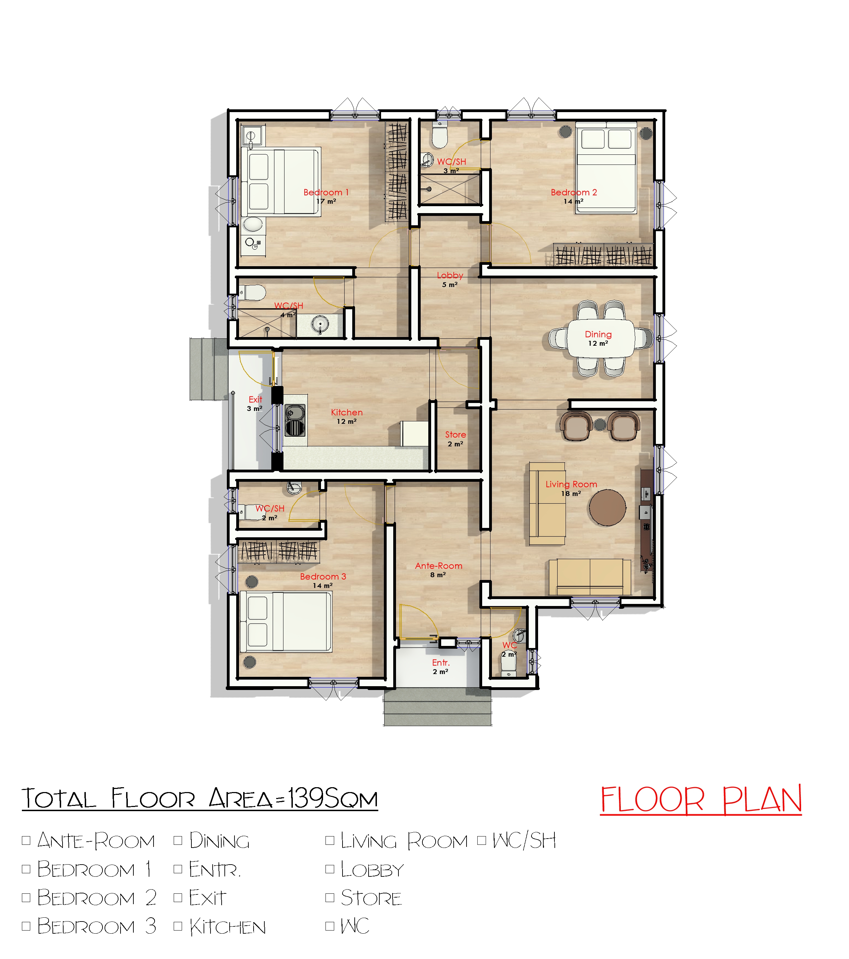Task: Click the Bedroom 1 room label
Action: [326, 192]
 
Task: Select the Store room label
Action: [455, 435]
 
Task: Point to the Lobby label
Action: [450, 275]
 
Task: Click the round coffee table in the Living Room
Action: [608, 508]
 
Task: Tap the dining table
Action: [601, 338]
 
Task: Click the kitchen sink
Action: [295, 420]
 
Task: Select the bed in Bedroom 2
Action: [606, 168]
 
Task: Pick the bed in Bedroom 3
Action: [286, 622]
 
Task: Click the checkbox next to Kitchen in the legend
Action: [178, 926]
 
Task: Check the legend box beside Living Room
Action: [330, 840]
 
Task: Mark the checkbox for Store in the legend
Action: [330, 897]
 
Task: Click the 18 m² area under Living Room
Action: [571, 494]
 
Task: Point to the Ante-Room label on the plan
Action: [439, 566]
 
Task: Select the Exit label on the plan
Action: [255, 399]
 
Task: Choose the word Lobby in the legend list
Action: [372, 869]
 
